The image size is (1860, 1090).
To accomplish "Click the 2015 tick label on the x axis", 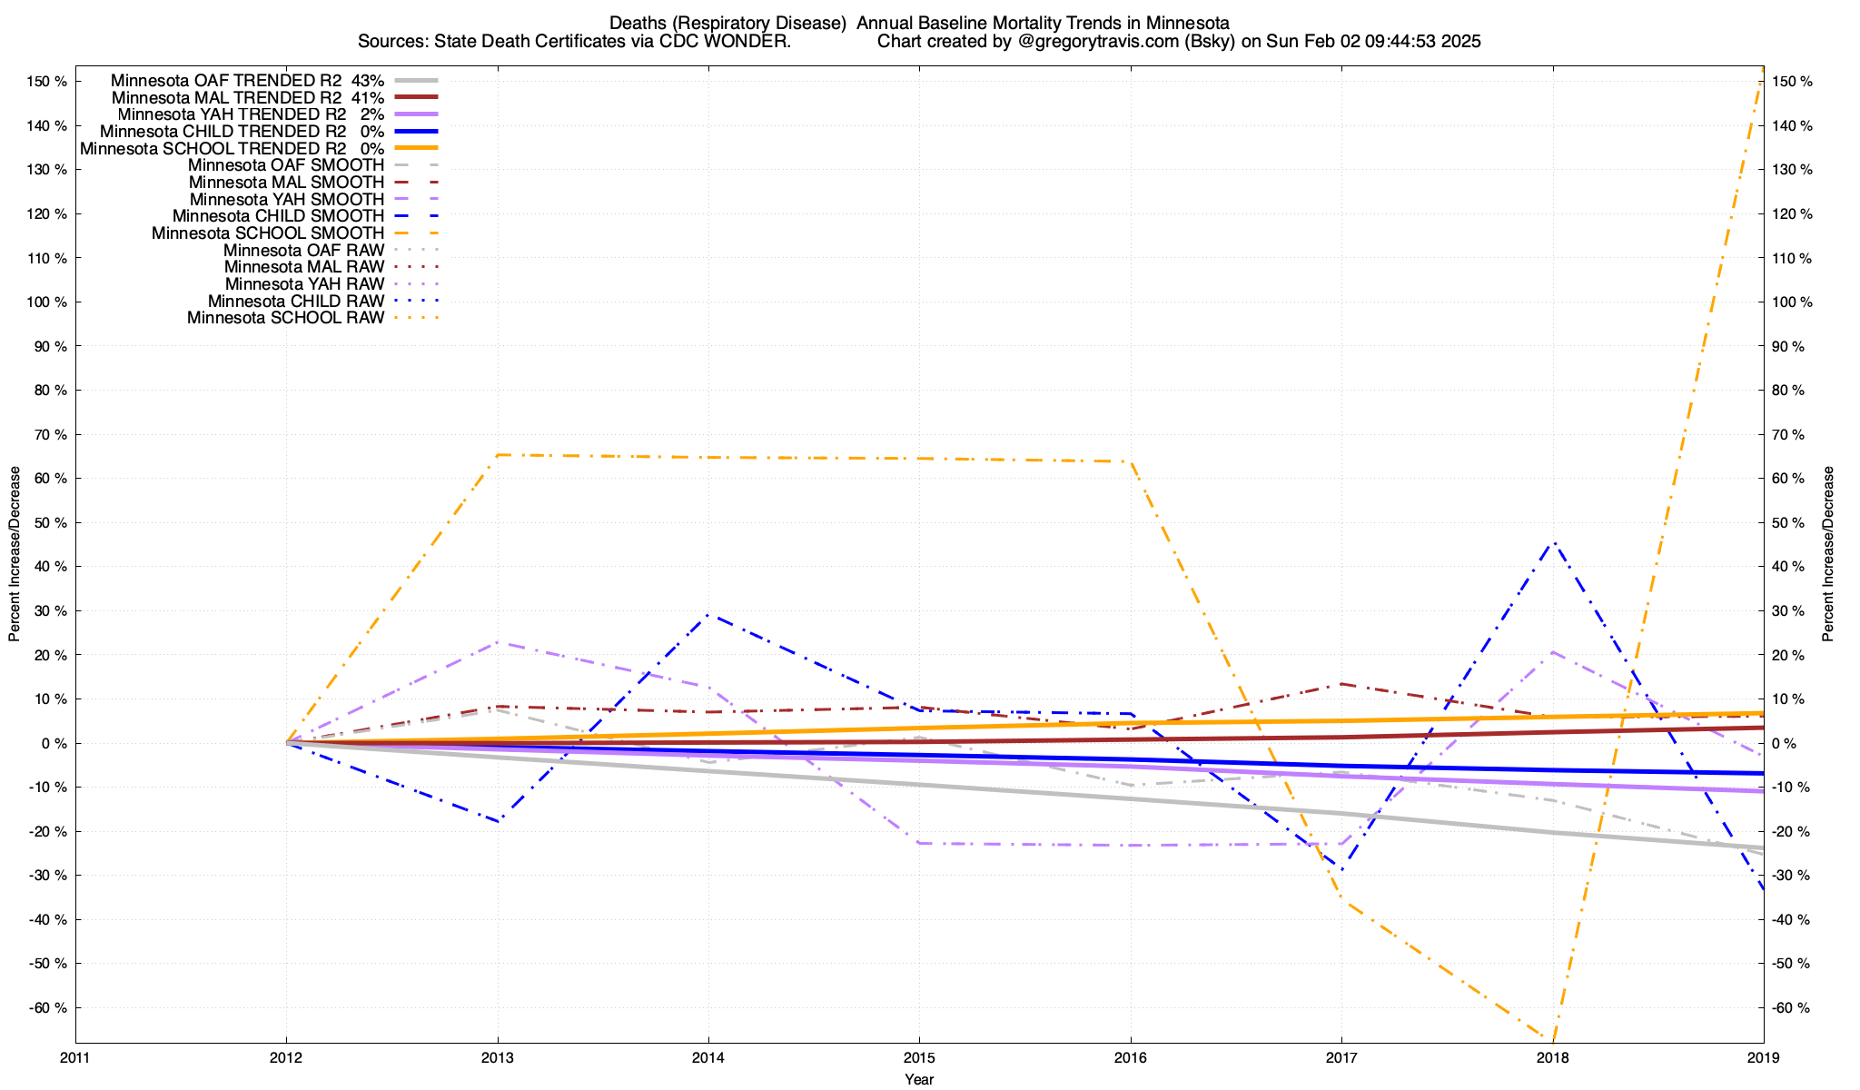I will pyautogui.click(x=919, y=1057).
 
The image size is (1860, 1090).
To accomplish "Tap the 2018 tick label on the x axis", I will pyautogui.click(x=1552, y=1057).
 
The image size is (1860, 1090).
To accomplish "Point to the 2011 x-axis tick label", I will pyautogui.click(x=75, y=1057).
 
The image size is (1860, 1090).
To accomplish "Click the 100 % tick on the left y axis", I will pyautogui.click(x=47, y=302).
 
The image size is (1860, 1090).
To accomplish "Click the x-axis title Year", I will pyautogui.click(x=919, y=1080).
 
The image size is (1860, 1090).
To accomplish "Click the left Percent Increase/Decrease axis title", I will pyautogui.click(x=15, y=554).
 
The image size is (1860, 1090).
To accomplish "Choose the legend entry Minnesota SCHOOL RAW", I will pyautogui.click(x=285, y=318).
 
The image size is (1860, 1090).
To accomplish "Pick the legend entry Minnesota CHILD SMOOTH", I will pyautogui.click(x=278, y=216).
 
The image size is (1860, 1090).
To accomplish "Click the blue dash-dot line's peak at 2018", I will pyautogui.click(x=1554, y=543).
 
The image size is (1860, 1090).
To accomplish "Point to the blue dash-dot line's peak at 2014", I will pyautogui.click(x=708, y=615).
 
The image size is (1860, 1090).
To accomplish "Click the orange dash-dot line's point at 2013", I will pyautogui.click(x=498, y=454).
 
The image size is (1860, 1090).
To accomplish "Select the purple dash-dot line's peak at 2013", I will pyautogui.click(x=498, y=642).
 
